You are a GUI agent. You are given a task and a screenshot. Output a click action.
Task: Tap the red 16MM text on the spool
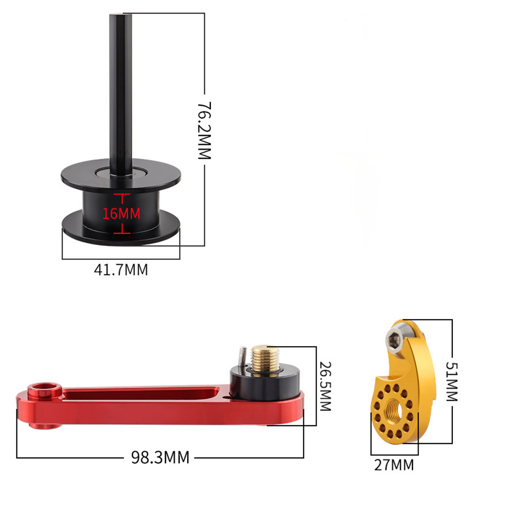(121, 213)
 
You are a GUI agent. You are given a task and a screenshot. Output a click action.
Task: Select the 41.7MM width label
(121, 269)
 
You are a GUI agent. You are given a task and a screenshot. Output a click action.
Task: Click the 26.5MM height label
(325, 386)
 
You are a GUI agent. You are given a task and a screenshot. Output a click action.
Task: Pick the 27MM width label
(395, 465)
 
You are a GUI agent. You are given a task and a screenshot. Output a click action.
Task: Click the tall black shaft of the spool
(120, 87)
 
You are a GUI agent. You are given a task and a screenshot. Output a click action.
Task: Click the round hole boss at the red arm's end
(44, 393)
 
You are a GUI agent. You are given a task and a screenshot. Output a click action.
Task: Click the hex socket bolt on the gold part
(395, 340)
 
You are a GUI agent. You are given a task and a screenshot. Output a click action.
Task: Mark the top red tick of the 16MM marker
(120, 195)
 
